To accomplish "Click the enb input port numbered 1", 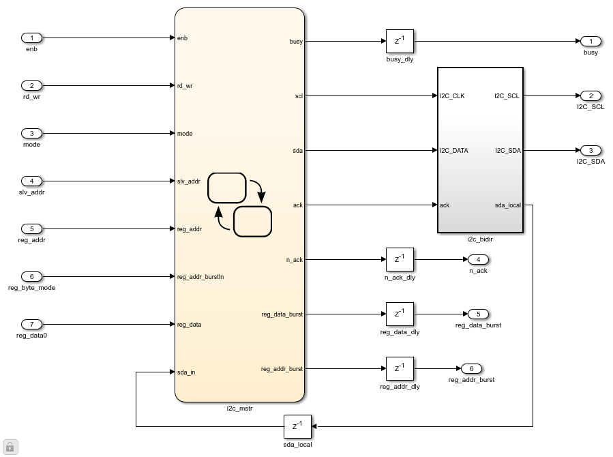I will (x=32, y=38).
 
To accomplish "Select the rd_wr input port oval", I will (x=32, y=86).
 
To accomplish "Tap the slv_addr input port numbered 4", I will (x=32, y=181).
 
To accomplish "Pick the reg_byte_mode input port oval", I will (x=32, y=277).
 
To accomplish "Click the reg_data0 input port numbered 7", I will (x=32, y=325).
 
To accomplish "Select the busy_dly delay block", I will (x=400, y=42).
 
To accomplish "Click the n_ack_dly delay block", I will (x=400, y=260).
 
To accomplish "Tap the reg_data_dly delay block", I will (x=400, y=314).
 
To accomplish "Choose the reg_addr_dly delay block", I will (x=400, y=369).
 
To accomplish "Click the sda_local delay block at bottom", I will (x=297, y=427).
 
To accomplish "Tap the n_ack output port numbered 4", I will (x=478, y=260).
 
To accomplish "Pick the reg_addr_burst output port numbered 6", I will (x=471, y=369).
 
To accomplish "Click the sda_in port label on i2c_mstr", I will (x=186, y=372).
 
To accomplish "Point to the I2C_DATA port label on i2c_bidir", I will (x=454, y=151).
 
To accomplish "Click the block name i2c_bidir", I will (x=480, y=239).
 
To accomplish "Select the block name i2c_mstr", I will (x=239, y=409).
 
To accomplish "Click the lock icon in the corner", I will (x=10, y=447).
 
